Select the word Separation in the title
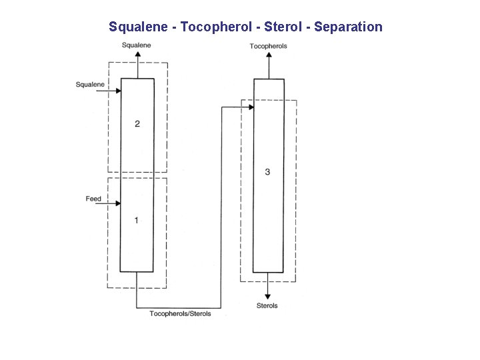click(348, 27)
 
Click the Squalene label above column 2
click(137, 45)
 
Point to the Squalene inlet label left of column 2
click(90, 85)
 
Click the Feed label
click(93, 199)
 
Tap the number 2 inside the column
click(137, 124)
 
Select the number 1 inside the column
click(137, 220)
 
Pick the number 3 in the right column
click(267, 172)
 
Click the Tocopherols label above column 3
click(268, 46)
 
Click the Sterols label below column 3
click(267, 306)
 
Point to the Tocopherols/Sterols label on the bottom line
click(180, 313)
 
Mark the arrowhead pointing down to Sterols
click(267, 296)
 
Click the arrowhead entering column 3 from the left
click(251, 107)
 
